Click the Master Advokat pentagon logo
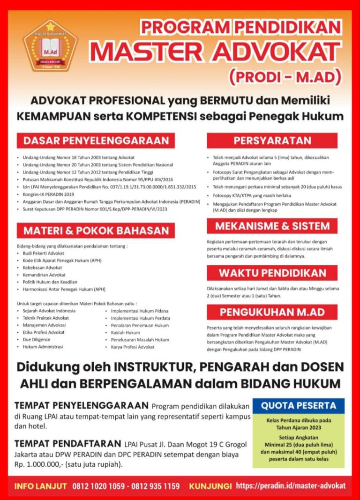(50, 45)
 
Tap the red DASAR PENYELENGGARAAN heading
(96, 141)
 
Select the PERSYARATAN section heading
(272, 141)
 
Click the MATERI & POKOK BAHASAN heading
(96, 231)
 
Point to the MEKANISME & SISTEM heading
(272, 226)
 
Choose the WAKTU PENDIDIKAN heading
(272, 273)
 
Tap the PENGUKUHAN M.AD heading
(272, 312)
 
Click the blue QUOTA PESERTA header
(299, 406)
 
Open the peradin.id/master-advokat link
(291, 486)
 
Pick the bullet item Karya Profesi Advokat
(132, 347)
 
